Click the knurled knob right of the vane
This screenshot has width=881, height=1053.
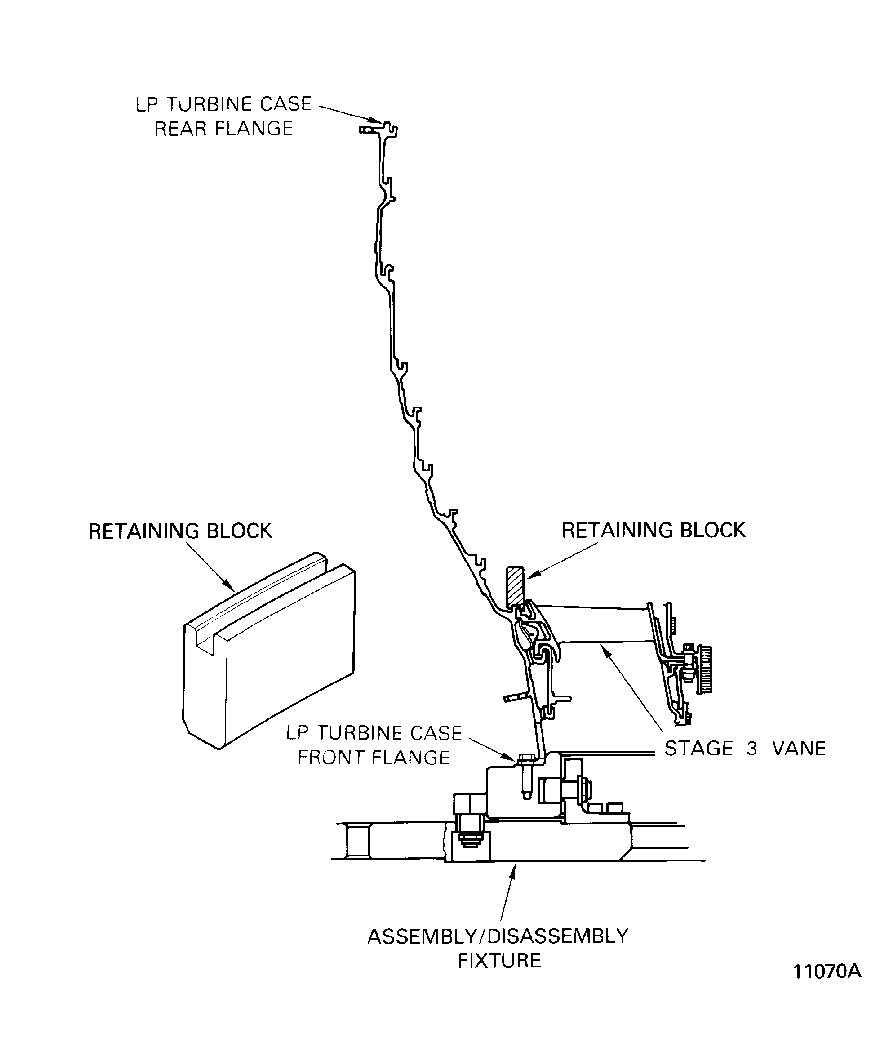point(706,669)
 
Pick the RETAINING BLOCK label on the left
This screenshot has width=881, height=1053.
point(180,531)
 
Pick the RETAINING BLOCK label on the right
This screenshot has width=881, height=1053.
point(653,530)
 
